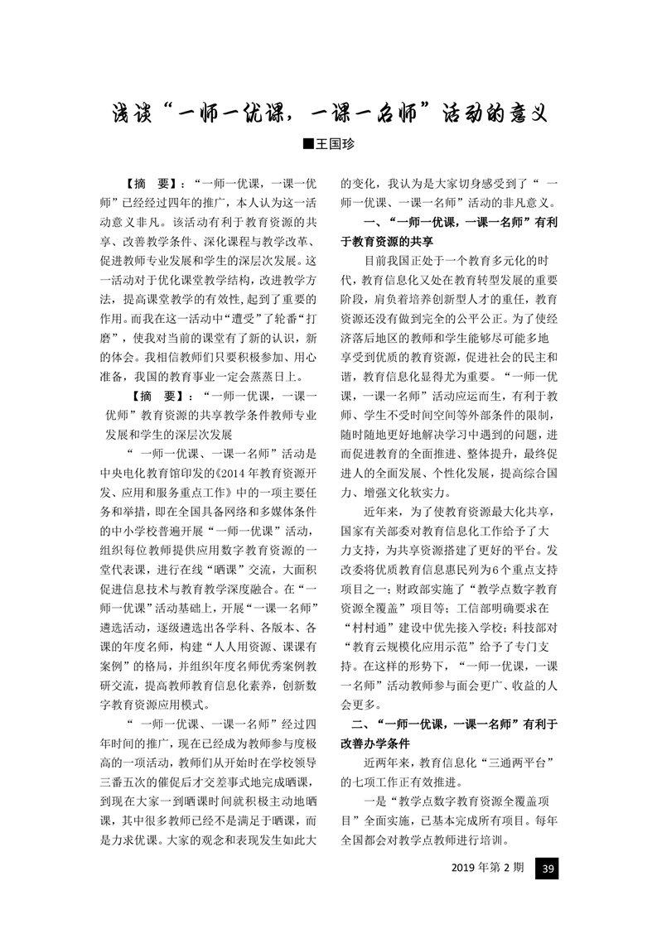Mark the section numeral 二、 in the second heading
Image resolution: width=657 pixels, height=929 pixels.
(351, 724)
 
